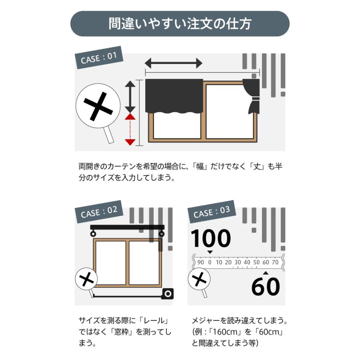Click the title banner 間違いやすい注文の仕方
[180, 24]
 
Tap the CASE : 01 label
[98, 58]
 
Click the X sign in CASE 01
[98, 106]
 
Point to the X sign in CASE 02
[86, 279]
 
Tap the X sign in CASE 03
[199, 279]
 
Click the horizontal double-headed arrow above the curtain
[173, 63]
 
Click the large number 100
[210, 238]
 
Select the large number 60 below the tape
[265, 286]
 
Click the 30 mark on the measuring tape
[237, 262]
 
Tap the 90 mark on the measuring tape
[200, 262]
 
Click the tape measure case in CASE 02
[167, 294]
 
